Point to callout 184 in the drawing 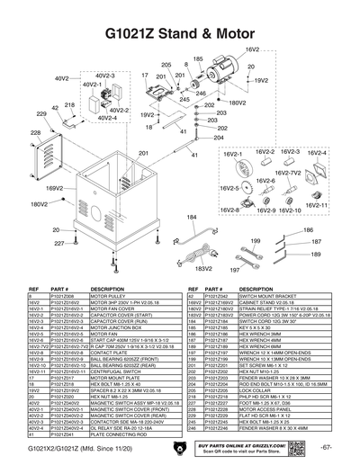[x=166, y=218]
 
